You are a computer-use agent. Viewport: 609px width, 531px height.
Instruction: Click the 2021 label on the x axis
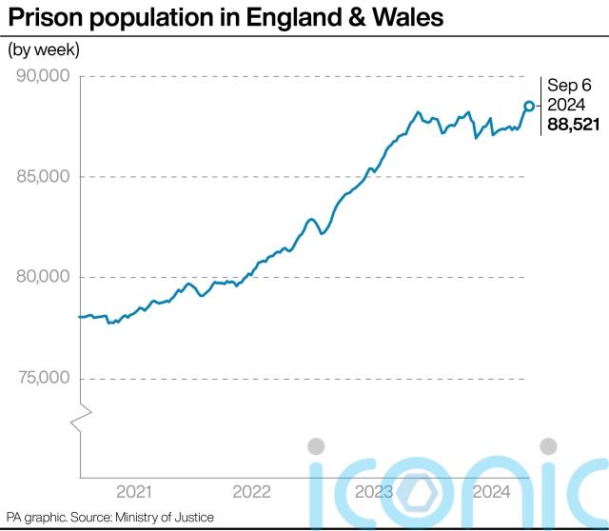[133, 492]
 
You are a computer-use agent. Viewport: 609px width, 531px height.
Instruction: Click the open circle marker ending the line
[529, 106]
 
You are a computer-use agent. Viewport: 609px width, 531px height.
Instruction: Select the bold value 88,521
[573, 125]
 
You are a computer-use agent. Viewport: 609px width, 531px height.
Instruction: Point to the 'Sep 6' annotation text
[567, 85]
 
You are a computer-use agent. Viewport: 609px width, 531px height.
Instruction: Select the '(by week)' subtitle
[44, 49]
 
